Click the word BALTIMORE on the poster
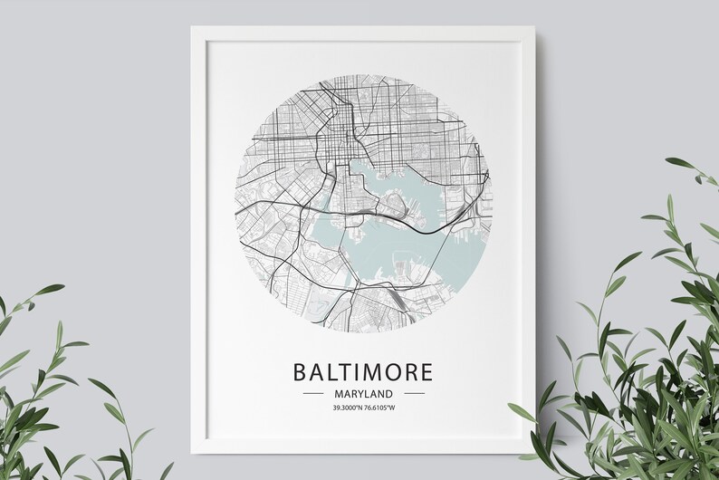(x=362, y=373)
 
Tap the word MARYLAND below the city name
(x=362, y=394)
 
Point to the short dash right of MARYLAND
(x=414, y=394)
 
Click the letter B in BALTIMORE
(x=298, y=373)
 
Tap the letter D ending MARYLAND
(x=388, y=394)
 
